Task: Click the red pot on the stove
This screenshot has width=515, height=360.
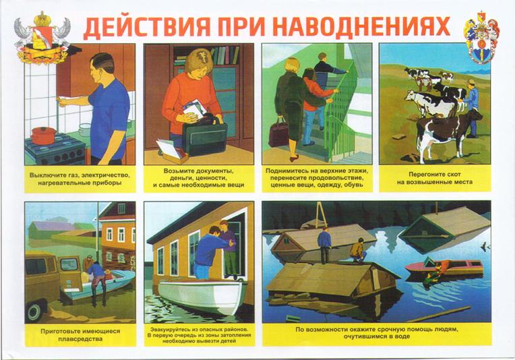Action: pyautogui.click(x=43, y=135)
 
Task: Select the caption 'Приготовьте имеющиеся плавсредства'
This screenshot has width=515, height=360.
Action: pyautogui.click(x=80, y=335)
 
